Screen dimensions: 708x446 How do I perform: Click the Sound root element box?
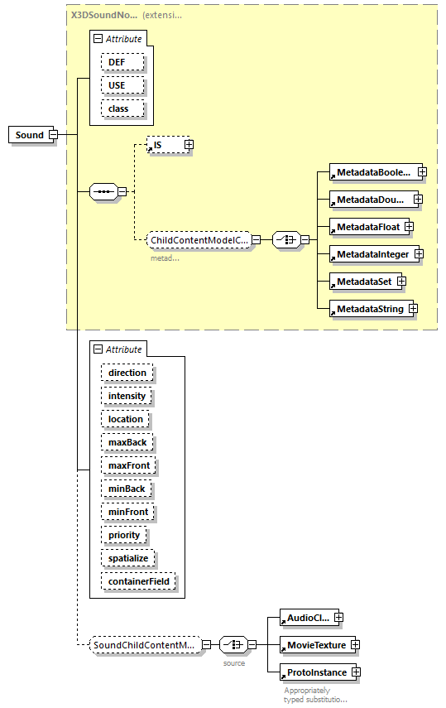28,135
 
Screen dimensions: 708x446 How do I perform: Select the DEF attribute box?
122,62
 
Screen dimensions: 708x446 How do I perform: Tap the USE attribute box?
122,85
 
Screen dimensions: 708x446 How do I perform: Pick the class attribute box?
122,108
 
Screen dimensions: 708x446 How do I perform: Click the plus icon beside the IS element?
189,145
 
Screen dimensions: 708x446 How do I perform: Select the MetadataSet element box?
362,282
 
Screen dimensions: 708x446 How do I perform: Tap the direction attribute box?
127,373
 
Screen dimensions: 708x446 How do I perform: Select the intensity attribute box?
127,396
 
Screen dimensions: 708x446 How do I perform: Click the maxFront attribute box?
128,465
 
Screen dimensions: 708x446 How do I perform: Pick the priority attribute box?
124,535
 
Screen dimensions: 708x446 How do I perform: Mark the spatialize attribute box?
128,558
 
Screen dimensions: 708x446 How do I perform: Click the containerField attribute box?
139,581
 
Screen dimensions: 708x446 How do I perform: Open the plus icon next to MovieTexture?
354,644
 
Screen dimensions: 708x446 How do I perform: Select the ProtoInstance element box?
314,672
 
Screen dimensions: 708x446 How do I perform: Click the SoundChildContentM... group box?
145,644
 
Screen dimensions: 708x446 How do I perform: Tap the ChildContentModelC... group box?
198,240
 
